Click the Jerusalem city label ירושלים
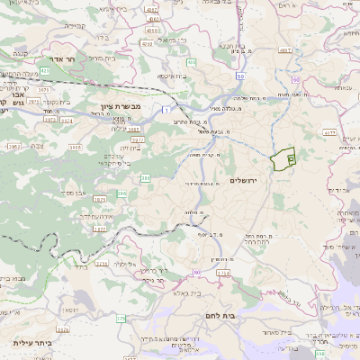244,181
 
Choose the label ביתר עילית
31,343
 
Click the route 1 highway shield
166,109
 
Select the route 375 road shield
121,317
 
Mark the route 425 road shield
44,68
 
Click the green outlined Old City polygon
283,158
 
